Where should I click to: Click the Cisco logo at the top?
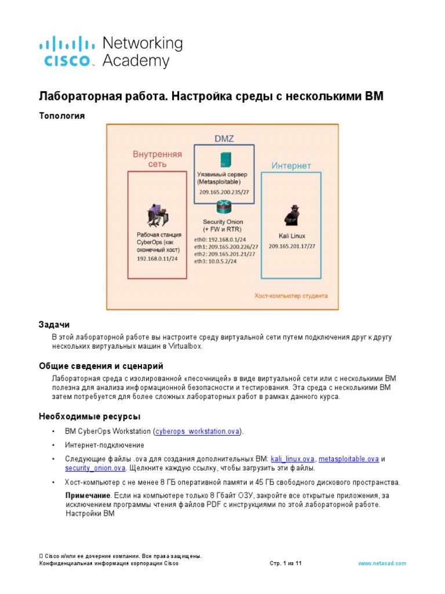(67, 52)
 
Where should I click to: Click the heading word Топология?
(61, 116)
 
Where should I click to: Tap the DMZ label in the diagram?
(224, 138)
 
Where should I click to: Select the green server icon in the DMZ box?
(224, 160)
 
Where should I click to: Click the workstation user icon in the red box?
(156, 215)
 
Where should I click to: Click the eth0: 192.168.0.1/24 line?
(221, 239)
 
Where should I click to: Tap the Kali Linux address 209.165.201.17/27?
(291, 246)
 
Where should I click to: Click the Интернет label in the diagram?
(291, 166)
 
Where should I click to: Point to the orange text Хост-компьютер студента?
(291, 295)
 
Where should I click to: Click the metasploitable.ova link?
(349, 459)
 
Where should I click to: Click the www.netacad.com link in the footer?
(382, 563)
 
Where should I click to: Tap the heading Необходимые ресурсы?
(89, 416)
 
